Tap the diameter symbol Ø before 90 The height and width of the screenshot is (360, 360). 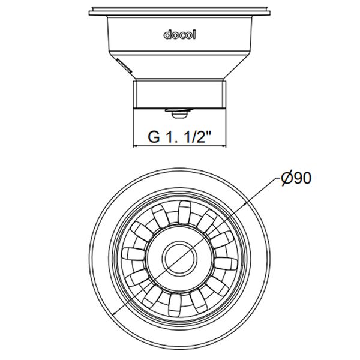point(286,179)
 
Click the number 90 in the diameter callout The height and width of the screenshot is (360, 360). point(302,179)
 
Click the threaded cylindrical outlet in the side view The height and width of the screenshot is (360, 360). point(179,94)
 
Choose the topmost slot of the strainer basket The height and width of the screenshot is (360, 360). point(183,210)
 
